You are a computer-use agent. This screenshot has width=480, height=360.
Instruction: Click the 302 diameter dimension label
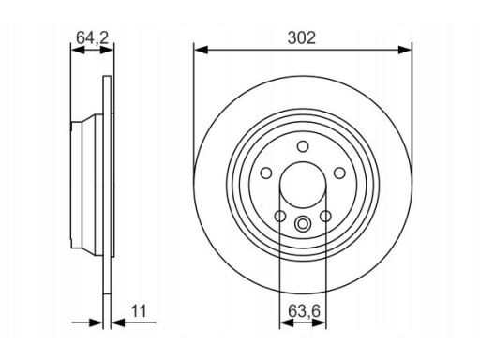[302, 38]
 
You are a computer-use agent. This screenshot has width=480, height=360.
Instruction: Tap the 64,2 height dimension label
[93, 38]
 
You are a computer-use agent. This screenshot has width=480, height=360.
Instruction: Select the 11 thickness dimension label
[139, 311]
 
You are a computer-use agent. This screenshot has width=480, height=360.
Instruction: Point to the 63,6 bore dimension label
[305, 311]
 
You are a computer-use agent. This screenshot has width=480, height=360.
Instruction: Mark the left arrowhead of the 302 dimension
[201, 50]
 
